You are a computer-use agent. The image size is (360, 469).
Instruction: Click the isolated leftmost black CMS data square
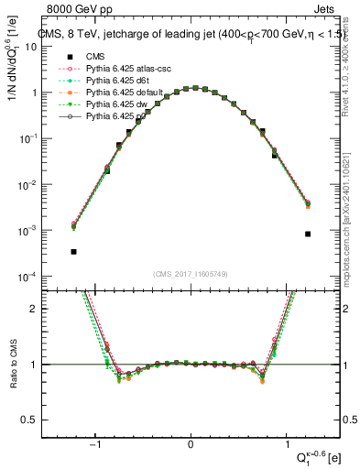(73, 251)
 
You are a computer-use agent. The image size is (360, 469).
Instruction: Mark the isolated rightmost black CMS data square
(308, 234)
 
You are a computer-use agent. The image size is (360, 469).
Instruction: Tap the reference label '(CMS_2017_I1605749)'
(191, 274)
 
